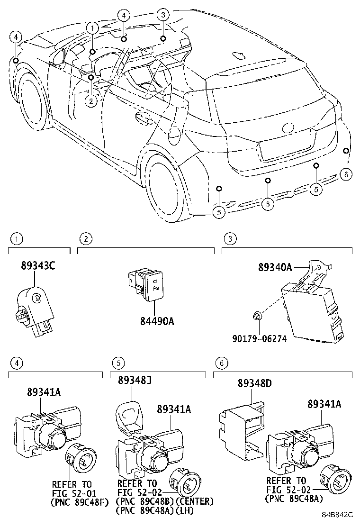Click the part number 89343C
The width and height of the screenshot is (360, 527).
[x=38, y=266]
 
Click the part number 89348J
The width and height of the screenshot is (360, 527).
[x=135, y=380]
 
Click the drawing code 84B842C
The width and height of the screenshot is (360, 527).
[x=338, y=514]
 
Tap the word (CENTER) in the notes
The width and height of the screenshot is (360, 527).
[x=195, y=501]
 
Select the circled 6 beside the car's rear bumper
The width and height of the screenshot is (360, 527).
[x=346, y=174]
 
